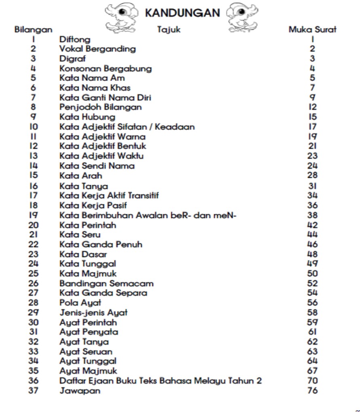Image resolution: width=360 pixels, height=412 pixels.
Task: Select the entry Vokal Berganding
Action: coord(97,49)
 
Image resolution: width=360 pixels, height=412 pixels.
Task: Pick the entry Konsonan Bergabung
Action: coord(105,69)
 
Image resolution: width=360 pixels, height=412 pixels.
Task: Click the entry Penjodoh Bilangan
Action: coord(100,108)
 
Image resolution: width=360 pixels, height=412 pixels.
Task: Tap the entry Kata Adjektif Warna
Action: coord(102,137)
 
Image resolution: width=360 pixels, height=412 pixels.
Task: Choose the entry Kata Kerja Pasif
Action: coord(90,206)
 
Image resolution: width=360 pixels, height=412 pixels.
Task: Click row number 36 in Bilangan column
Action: coord(33,380)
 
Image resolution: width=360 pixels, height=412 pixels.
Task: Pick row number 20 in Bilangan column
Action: coord(33,225)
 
